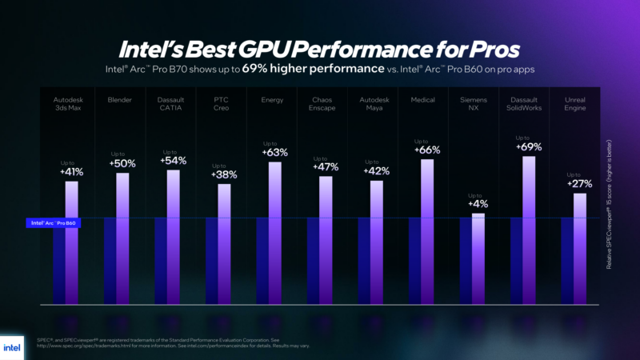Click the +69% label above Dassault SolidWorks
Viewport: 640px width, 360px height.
coord(529,146)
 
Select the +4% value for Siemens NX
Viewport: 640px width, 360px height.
coord(478,204)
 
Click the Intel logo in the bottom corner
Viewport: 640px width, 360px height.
coord(15,347)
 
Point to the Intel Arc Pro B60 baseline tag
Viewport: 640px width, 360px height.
coord(53,223)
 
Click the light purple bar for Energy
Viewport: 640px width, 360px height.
coord(274,232)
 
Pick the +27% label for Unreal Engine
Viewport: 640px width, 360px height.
coord(579,183)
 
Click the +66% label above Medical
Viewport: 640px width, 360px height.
coord(426,150)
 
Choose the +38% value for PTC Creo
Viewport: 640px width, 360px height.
coord(223,174)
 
